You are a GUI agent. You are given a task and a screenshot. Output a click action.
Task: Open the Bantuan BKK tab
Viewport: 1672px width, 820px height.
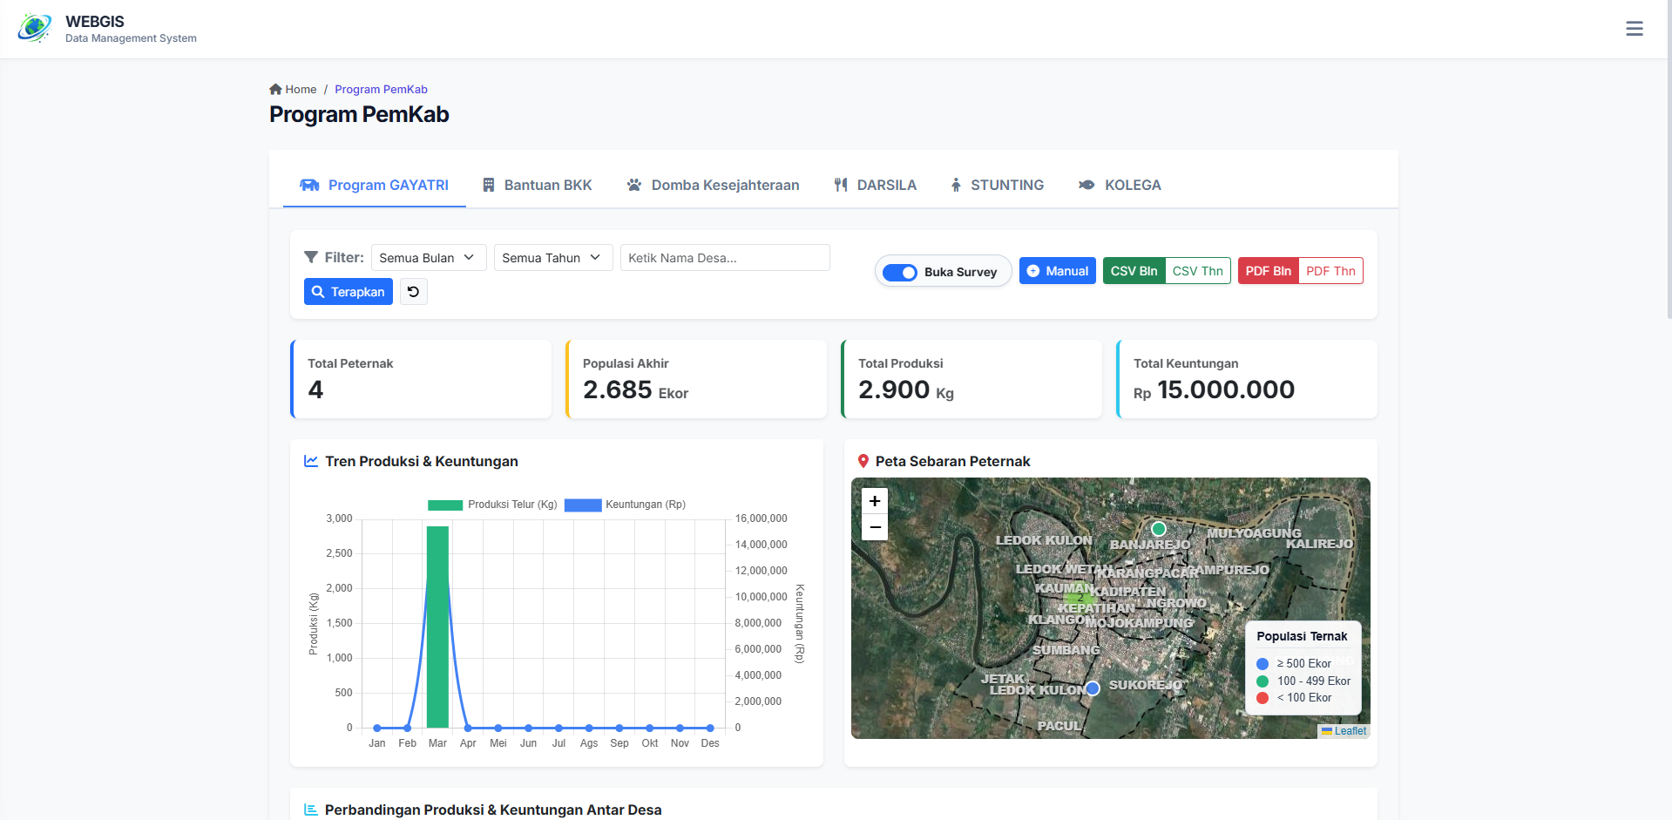click(x=538, y=185)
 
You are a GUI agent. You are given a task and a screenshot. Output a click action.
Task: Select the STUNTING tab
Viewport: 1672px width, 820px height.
click(x=997, y=185)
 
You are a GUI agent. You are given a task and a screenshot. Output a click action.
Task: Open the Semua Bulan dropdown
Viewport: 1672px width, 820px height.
click(x=428, y=258)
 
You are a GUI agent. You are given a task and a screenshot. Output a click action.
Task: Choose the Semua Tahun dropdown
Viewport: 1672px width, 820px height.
click(x=552, y=258)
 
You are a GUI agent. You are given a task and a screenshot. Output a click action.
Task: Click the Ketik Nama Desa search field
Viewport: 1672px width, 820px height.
click(x=724, y=258)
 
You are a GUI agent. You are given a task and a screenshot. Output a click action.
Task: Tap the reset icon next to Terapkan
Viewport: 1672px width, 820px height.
click(x=414, y=292)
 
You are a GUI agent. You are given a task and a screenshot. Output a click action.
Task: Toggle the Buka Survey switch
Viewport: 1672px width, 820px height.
click(x=900, y=272)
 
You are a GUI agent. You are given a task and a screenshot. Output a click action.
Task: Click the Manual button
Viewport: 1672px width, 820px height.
click(x=1057, y=271)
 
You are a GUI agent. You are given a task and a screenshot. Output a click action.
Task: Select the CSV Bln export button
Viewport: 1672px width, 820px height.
click(x=1134, y=271)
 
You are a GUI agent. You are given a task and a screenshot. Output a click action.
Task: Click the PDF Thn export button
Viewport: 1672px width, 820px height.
click(x=1330, y=271)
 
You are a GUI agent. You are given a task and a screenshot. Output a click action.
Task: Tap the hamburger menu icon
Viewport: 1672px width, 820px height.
click(x=1635, y=29)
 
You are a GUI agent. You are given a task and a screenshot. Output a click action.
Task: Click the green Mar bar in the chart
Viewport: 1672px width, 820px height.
click(x=437, y=627)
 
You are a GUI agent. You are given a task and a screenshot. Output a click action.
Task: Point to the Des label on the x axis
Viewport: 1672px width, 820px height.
click(x=710, y=743)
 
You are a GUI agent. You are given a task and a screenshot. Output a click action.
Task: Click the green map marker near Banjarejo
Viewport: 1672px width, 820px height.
click(x=1158, y=529)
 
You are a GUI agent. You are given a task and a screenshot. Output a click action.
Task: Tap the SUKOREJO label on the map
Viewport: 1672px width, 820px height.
click(x=1145, y=685)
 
